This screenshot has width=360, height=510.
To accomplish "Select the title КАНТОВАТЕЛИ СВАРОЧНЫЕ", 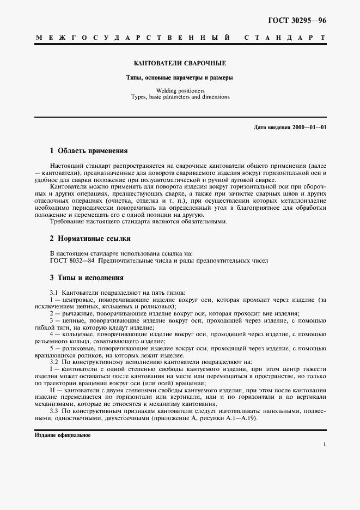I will [x=180, y=63].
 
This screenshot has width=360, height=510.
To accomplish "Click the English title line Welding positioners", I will [x=180, y=90].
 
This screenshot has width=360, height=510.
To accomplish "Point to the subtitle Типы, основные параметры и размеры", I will [x=180, y=77].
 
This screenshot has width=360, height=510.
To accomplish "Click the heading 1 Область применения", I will [x=88, y=151].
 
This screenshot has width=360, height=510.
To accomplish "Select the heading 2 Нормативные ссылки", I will [x=90, y=239].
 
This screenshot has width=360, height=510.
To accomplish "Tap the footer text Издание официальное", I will [x=62, y=435].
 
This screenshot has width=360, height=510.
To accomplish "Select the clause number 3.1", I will [x=54, y=293].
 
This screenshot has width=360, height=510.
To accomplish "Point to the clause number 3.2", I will [x=54, y=362].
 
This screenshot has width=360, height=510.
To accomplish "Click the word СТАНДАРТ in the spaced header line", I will [x=285, y=38].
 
